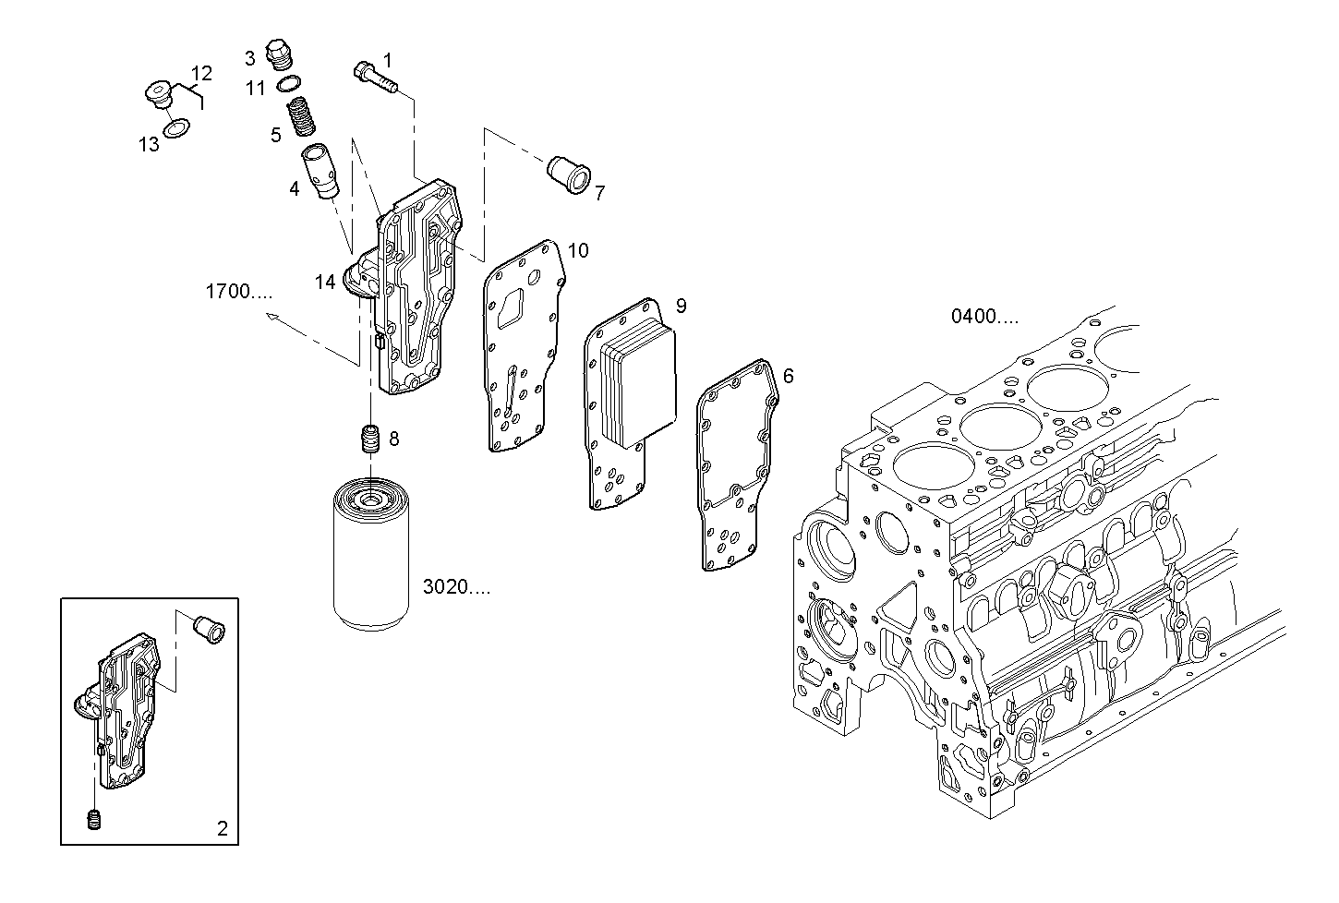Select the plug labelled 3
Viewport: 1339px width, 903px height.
pos(277,54)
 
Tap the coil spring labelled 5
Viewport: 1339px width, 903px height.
pos(300,118)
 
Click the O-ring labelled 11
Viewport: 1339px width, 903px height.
pos(285,86)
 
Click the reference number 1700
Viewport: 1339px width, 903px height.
pos(238,293)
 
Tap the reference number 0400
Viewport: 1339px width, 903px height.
pos(985,317)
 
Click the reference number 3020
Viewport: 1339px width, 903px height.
pos(456,587)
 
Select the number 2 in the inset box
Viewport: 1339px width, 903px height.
pos(222,828)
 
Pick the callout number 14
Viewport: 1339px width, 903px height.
pos(325,283)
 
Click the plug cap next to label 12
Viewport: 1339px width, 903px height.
pos(161,97)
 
